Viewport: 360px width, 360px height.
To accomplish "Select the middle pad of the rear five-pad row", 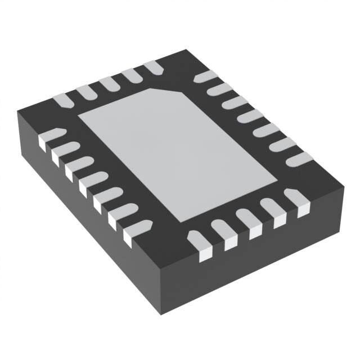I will pos(108,84).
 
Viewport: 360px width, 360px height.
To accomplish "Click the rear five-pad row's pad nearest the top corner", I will pos(154,68).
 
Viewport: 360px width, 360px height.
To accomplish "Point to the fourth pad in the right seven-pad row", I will pos(250,117).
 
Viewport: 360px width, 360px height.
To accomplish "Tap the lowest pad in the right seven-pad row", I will pos(298,159).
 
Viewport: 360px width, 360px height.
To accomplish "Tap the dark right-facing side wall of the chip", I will pos(270,259).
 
